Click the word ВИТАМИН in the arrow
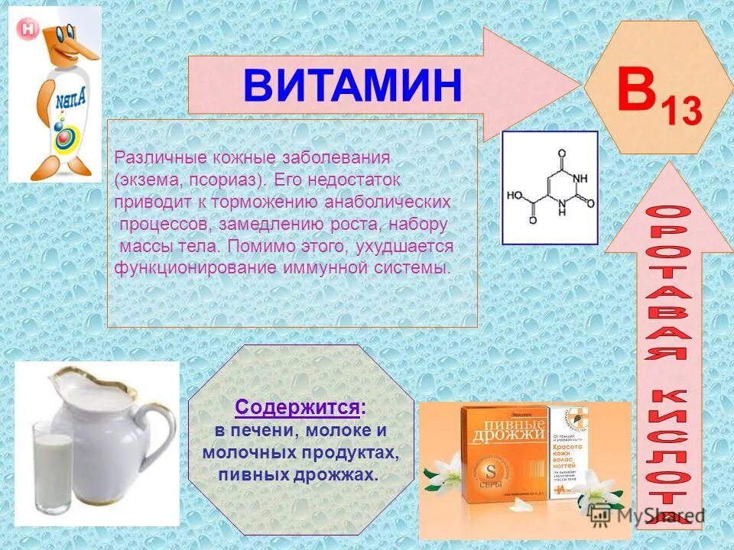pos(352,86)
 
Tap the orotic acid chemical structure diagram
pos(549,188)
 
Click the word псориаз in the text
pos(231,180)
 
